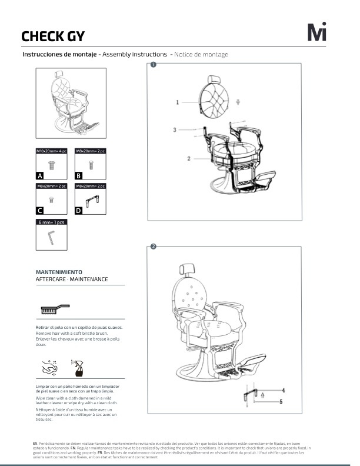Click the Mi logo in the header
(316, 32)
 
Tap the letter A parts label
(40, 175)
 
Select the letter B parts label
(79, 175)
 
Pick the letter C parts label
(40, 210)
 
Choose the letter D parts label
(79, 210)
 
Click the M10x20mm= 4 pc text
(52, 151)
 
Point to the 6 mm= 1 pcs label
(52, 222)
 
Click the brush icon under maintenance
(54, 308)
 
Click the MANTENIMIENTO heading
(59, 272)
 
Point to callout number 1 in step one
(177, 102)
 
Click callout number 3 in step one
(175, 129)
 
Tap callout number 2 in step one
(189, 158)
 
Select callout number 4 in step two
(282, 390)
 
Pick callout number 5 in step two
(281, 402)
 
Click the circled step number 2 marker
(153, 247)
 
